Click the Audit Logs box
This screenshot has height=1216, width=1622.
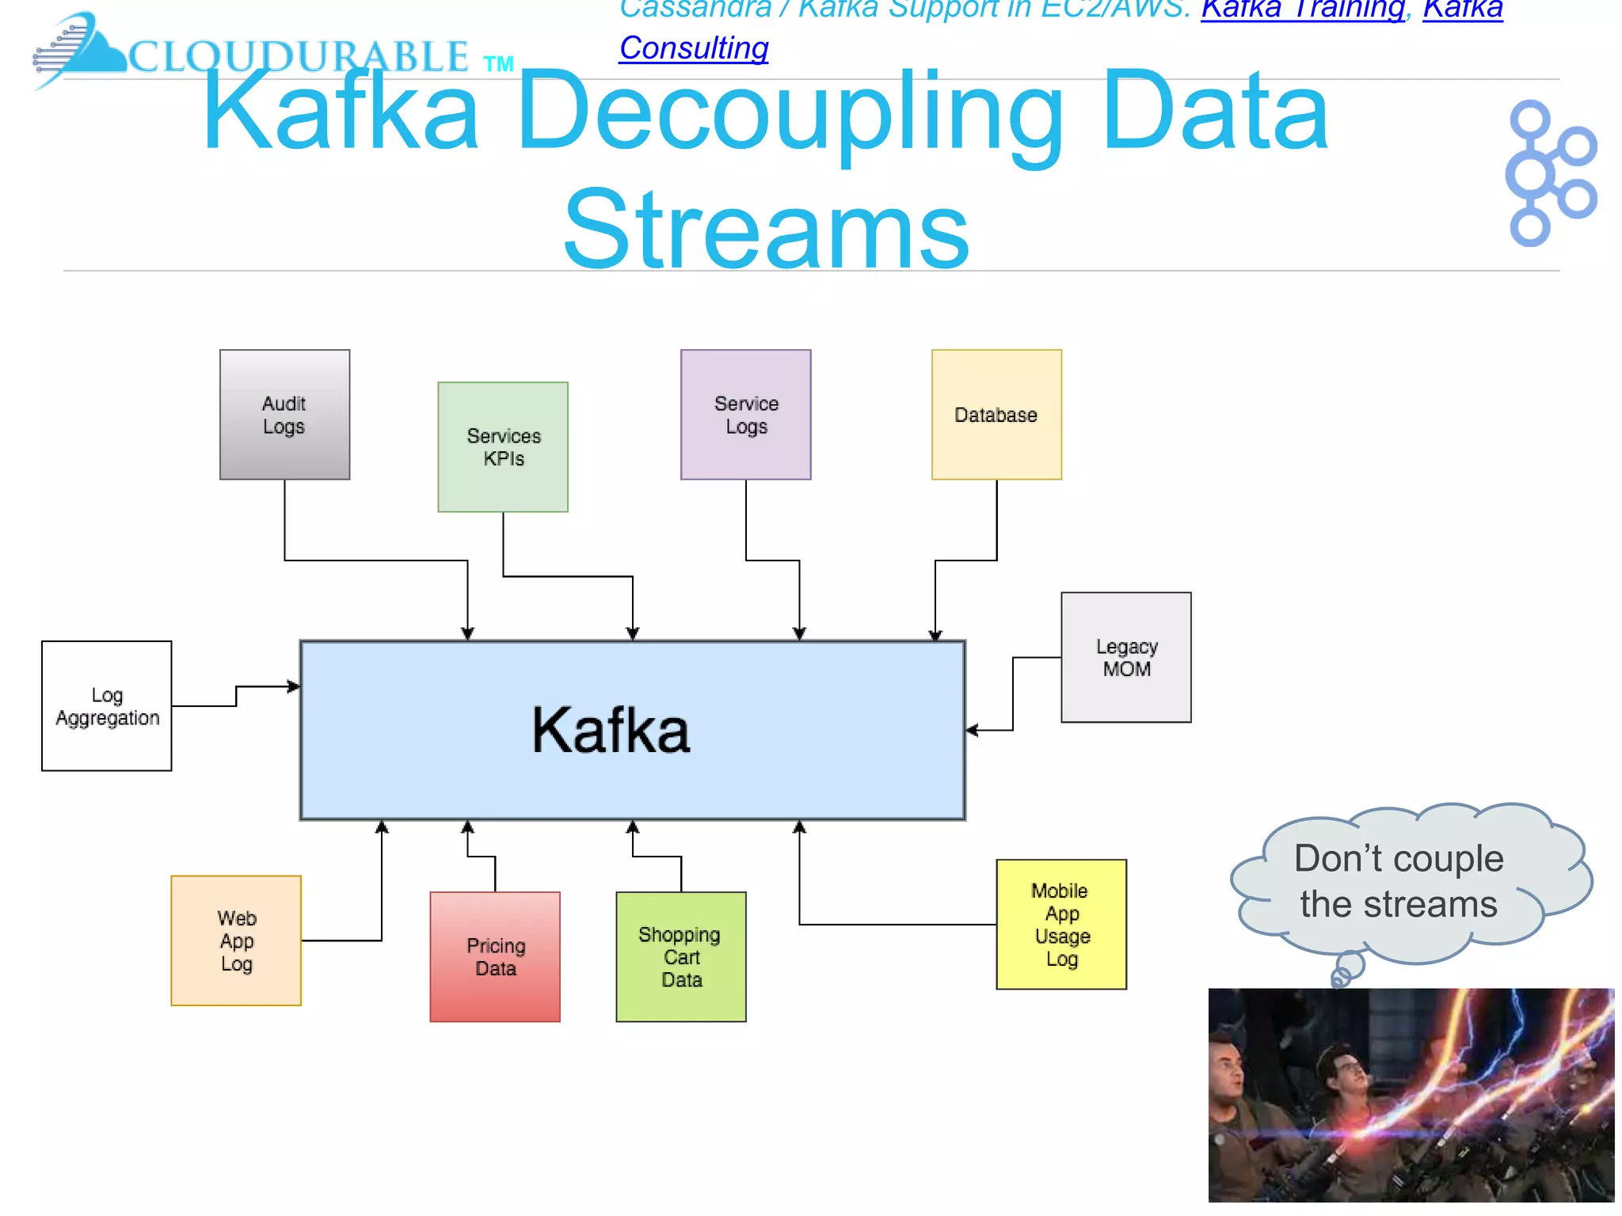tap(284, 415)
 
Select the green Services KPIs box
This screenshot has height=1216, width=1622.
tap(503, 447)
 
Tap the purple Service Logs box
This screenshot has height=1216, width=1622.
tap(745, 415)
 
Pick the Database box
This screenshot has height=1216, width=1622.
tap(996, 415)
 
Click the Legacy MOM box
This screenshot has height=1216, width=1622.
tap(1125, 657)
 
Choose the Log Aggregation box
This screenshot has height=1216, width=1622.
tap(107, 706)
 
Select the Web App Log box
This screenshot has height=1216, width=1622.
tap(236, 940)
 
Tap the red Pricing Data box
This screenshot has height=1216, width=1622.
tap(495, 957)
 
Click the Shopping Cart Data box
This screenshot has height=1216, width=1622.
tap(681, 957)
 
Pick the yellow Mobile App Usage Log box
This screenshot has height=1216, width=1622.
tap(1061, 925)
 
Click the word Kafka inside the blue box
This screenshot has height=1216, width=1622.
tap(611, 730)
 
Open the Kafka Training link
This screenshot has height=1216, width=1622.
tap(1303, 9)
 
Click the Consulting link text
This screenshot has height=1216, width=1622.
tap(694, 48)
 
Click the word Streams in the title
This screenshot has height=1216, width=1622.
tap(766, 230)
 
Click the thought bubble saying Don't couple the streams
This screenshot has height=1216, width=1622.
tap(1399, 881)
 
